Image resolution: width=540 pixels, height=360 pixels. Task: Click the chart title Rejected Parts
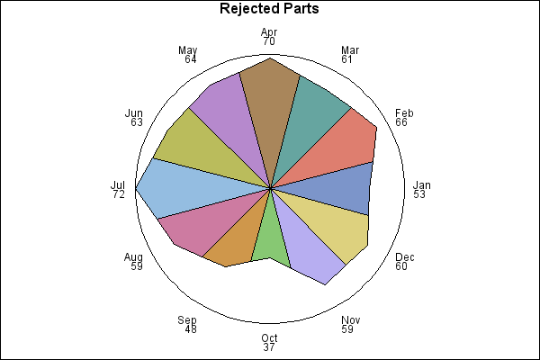pos(269,9)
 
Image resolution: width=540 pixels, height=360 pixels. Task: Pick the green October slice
pos(271,234)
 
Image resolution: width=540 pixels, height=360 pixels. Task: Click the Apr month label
pos(269,32)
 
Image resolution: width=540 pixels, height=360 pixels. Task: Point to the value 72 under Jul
pos(119,194)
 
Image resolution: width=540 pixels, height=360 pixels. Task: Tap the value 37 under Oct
pos(269,347)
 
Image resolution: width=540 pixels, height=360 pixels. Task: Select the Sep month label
pos(187,320)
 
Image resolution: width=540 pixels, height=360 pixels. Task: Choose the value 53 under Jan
pos(419,194)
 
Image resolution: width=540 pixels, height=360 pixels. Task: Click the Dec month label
pos(405,257)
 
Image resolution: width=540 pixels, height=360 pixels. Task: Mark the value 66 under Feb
pos(401,122)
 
